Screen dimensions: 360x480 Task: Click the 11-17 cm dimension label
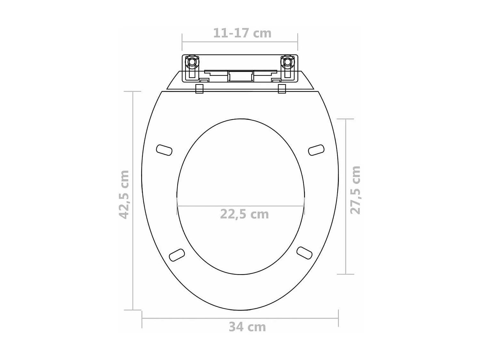pyautogui.click(x=242, y=33)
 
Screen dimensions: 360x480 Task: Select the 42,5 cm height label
pyautogui.click(x=124, y=195)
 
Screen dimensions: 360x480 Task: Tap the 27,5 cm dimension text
pyautogui.click(x=355, y=190)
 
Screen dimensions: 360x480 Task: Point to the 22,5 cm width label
pyautogui.click(x=244, y=214)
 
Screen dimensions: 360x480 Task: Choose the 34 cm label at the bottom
pyautogui.click(x=247, y=327)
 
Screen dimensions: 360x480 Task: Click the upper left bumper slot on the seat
pyautogui.click(x=164, y=150)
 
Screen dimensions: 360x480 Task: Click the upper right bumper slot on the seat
pyautogui.click(x=316, y=150)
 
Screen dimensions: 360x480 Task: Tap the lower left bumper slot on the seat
pyautogui.click(x=177, y=255)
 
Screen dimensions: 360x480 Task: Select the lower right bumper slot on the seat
pyautogui.click(x=304, y=252)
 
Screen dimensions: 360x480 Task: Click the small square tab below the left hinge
pyautogui.click(x=199, y=89)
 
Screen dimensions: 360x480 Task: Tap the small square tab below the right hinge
pyautogui.click(x=282, y=89)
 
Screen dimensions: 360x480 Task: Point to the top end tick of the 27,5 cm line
pyautogui.click(x=346, y=119)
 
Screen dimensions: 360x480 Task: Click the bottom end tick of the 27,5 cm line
pyautogui.click(x=346, y=274)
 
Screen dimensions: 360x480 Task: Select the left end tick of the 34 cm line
pyautogui.click(x=142, y=318)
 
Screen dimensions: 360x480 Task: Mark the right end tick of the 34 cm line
pyautogui.click(x=338, y=318)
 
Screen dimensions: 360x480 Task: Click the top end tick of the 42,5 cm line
pyautogui.click(x=132, y=92)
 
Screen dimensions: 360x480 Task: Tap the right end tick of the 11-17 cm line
pyautogui.click(x=298, y=42)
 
